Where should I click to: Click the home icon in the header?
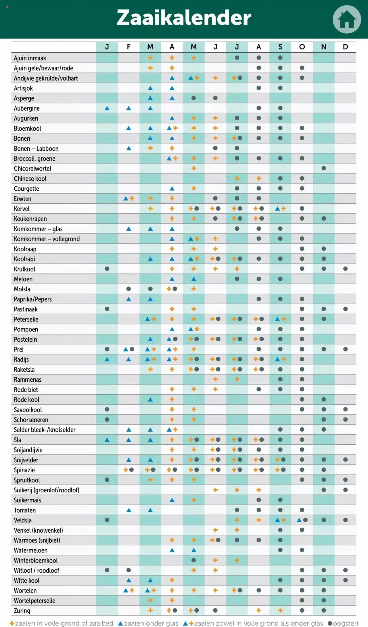pos(346,19)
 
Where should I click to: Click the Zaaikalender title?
pos(184,18)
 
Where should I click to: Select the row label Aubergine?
pos(27,108)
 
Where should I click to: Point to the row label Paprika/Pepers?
pos(33,299)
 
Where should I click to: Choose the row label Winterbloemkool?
pos(36,560)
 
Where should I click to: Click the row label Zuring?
pos(22,610)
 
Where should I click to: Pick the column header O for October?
pos(302,47)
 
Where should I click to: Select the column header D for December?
pos(345,47)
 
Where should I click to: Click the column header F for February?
pos(129,47)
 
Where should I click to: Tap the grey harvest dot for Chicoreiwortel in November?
pos(324,168)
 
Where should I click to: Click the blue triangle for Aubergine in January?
pos(107,108)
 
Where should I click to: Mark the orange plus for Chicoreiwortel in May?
pos(193,168)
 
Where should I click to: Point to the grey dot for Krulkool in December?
pos(345,269)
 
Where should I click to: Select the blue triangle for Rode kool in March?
pos(150,399)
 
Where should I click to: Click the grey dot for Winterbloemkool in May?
pos(193,560)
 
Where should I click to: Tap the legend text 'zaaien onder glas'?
pos(151,623)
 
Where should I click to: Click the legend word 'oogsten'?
pos(345,623)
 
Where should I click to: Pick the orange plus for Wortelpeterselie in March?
pos(150,600)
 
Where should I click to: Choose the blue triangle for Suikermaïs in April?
pos(172,500)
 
